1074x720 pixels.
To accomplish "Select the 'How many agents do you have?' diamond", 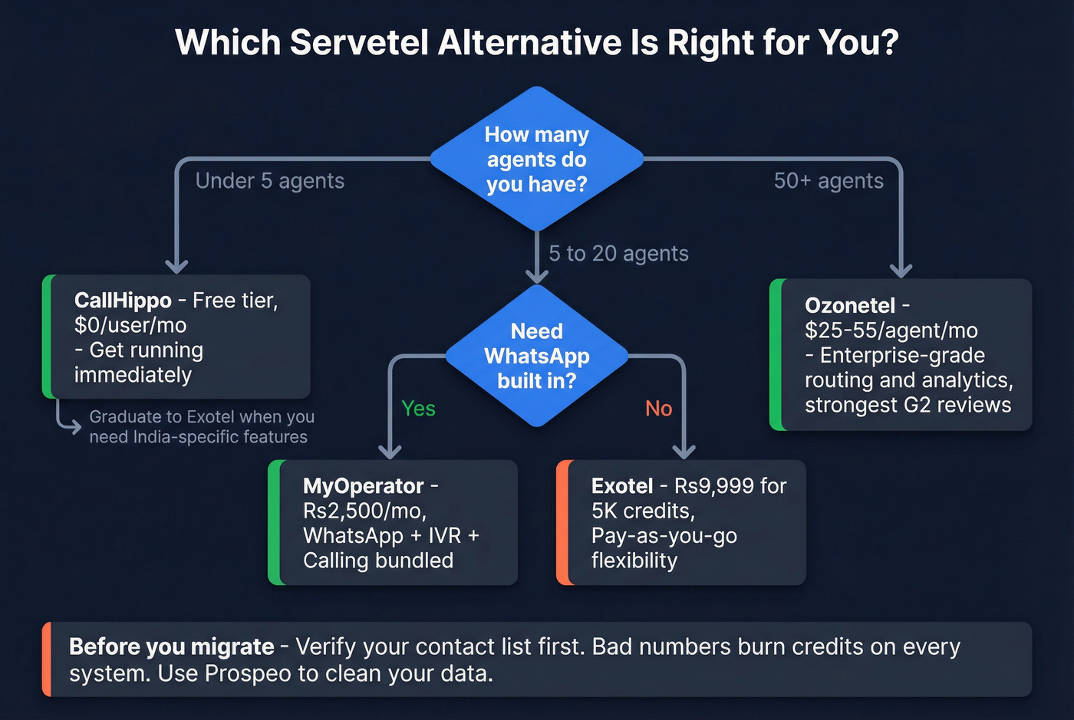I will click(536, 159).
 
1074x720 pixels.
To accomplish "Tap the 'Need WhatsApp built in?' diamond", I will click(536, 356).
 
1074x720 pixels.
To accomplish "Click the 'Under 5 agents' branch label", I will click(269, 181).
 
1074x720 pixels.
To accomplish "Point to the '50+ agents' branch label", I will click(829, 181).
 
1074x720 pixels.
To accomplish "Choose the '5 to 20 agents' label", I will click(618, 254).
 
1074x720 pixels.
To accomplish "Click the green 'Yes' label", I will click(418, 409).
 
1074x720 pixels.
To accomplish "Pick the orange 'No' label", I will click(658, 409).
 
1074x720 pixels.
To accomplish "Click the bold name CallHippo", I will click(123, 301).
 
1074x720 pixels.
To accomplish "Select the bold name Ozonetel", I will click(850, 306).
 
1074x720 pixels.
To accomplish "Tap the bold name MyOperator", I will click(363, 486).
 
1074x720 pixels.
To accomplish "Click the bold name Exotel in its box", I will click(622, 486).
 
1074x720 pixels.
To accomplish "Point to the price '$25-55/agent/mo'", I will click(891, 330).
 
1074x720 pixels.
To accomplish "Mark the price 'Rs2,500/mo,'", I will click(364, 511).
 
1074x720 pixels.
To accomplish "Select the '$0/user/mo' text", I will click(130, 325).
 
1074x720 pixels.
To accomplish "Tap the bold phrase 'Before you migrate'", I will click(171, 647).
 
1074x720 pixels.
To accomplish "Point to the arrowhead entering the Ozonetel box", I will click(901, 271).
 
